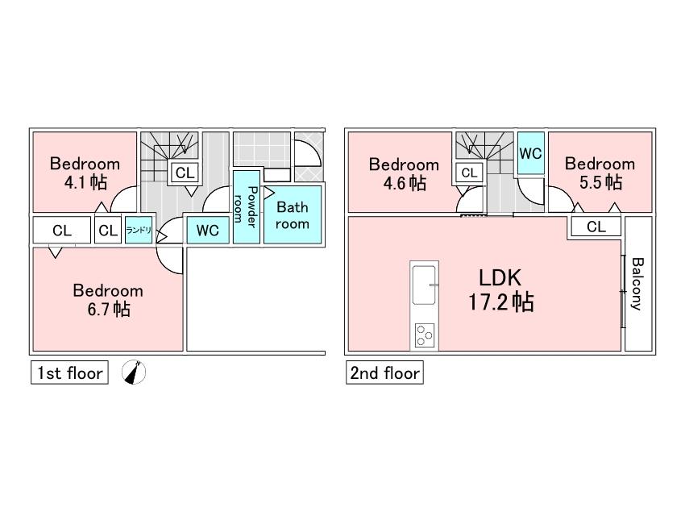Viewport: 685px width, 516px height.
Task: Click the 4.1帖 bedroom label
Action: (85, 173)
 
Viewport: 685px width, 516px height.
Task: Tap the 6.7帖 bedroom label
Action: (108, 299)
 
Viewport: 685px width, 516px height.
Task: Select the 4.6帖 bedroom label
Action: (404, 173)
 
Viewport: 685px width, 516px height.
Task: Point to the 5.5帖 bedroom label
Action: (600, 173)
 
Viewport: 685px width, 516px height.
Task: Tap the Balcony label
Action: (637, 284)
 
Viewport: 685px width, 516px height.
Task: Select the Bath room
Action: (293, 215)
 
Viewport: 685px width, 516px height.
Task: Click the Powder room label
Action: (247, 208)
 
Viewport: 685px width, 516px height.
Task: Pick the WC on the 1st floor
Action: (208, 231)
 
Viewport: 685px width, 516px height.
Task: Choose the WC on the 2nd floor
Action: (529, 153)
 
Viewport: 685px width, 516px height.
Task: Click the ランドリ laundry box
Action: (138, 231)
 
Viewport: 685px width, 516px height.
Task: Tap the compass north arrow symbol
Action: (135, 372)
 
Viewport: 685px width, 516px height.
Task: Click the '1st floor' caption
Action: (68, 373)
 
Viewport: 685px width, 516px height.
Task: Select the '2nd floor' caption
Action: (384, 373)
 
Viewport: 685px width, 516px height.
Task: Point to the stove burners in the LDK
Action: (424, 334)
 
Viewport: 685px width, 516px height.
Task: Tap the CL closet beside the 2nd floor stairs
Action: (469, 173)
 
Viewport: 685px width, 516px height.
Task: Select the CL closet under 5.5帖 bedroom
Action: (596, 227)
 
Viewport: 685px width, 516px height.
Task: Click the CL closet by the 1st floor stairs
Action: (185, 172)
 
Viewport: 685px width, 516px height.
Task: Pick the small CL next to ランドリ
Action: (107, 231)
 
